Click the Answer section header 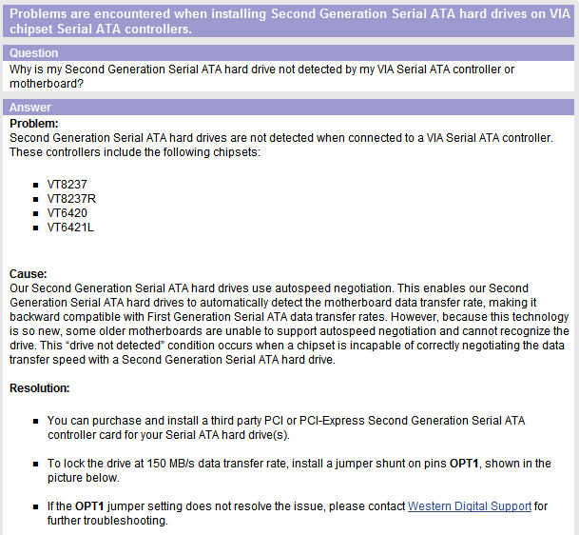click(29, 108)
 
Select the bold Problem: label click(34, 124)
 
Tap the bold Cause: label click(29, 273)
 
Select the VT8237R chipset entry click(70, 199)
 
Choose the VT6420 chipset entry click(67, 213)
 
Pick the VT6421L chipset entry click(70, 228)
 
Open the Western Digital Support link click(469, 506)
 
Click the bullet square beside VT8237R click(35, 199)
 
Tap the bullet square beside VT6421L click(35, 228)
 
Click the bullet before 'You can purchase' click(35, 420)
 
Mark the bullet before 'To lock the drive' click(35, 464)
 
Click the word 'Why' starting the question click(20, 68)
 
